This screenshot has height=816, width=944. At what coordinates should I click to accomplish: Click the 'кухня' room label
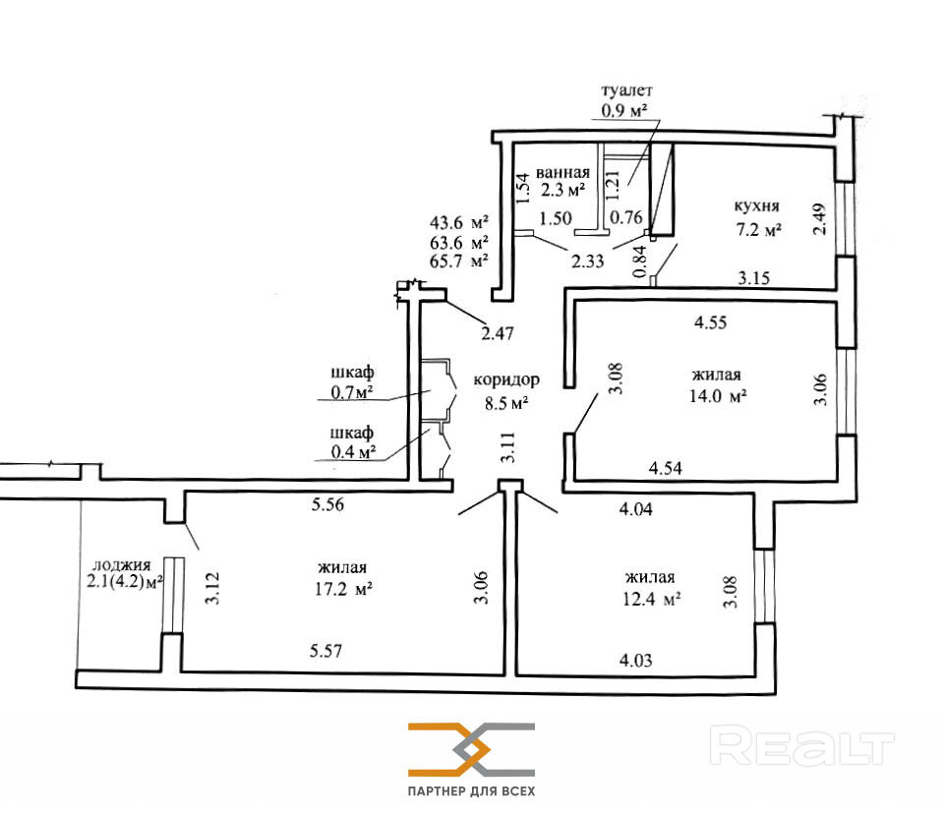click(x=757, y=206)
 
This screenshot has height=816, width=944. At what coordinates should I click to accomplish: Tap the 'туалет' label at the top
click(x=626, y=90)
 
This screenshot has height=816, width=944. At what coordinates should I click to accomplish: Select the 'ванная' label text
click(x=562, y=173)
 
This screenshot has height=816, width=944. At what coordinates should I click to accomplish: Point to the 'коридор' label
click(x=506, y=380)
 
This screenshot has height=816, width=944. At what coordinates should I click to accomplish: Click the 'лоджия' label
click(x=122, y=565)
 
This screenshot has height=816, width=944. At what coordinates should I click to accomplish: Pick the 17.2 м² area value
click(x=342, y=589)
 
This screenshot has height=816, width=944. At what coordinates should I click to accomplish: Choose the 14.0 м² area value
click(x=718, y=396)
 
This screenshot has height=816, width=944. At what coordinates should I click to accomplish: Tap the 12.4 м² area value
click(x=651, y=599)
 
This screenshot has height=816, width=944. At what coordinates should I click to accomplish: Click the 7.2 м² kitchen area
click(x=758, y=229)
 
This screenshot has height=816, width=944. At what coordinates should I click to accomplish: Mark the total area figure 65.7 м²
click(x=459, y=262)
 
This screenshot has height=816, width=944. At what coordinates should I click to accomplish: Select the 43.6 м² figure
click(x=459, y=222)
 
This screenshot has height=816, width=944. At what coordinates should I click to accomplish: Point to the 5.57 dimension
click(x=325, y=651)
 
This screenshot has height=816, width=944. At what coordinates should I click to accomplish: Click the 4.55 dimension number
click(x=710, y=322)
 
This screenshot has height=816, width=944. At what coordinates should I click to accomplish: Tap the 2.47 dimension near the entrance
click(x=498, y=333)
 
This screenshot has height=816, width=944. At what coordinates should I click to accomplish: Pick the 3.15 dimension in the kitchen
click(x=754, y=278)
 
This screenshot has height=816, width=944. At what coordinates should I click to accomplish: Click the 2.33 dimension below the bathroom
click(x=588, y=262)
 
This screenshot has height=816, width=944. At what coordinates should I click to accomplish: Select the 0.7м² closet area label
click(x=352, y=392)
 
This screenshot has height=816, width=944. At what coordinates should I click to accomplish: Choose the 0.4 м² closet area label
click(x=353, y=451)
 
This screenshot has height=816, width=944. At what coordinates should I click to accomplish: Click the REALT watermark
click(x=802, y=746)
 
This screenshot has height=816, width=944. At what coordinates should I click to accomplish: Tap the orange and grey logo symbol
click(x=471, y=749)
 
